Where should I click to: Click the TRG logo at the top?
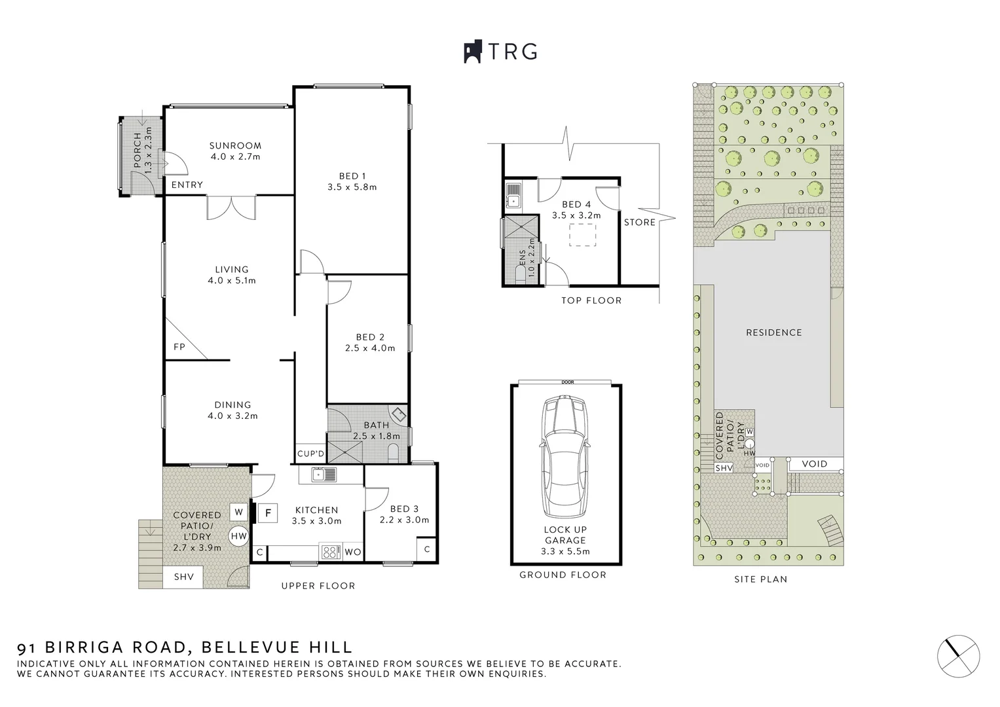tap(500, 52)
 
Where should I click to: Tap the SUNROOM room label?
tap(235, 145)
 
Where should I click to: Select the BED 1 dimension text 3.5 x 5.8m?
tap(352, 187)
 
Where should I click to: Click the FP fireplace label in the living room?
tap(179, 347)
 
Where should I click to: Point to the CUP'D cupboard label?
tap(310, 454)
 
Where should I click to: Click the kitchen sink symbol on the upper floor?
tap(324, 475)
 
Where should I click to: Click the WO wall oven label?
tap(352, 552)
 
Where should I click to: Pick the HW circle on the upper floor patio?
tap(239, 536)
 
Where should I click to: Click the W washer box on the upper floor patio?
tap(238, 512)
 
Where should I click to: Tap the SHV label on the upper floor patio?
tap(183, 577)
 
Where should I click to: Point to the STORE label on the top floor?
tap(639, 223)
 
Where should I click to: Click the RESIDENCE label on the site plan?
tap(773, 333)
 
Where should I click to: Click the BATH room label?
tap(377, 426)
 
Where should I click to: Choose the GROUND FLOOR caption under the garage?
tap(563, 575)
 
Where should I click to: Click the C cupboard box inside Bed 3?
tap(427, 549)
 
